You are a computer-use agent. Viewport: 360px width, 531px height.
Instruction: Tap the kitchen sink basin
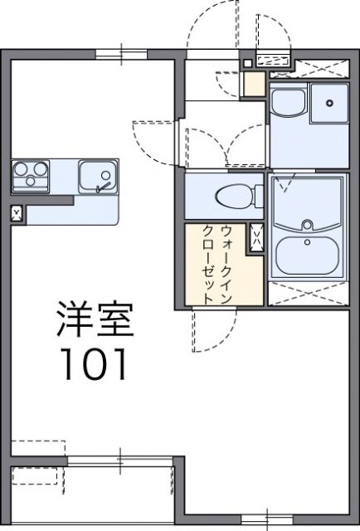click(x=98, y=176)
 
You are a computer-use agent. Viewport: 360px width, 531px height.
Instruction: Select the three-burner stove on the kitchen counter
click(x=32, y=176)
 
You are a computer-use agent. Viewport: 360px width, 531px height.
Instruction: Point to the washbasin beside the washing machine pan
click(x=289, y=104)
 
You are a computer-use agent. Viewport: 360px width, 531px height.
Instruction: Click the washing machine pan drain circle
click(x=331, y=103)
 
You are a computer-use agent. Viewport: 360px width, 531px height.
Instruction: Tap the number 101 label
click(x=92, y=364)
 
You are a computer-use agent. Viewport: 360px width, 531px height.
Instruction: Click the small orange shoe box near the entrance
click(x=254, y=85)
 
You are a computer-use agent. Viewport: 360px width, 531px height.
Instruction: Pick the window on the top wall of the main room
click(x=120, y=54)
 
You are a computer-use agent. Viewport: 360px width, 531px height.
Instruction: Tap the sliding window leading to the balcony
click(x=120, y=458)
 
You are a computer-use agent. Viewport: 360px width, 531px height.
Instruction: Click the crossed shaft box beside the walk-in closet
click(x=256, y=237)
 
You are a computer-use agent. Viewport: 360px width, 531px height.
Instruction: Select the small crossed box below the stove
click(x=17, y=215)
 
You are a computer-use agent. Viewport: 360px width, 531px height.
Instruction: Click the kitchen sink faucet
click(x=102, y=186)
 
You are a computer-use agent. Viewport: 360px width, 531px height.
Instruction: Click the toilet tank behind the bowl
click(x=253, y=197)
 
